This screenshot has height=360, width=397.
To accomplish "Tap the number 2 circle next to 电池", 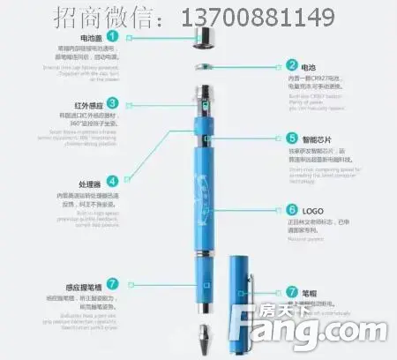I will (x=292, y=65).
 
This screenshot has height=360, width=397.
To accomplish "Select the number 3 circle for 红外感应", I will (x=113, y=103).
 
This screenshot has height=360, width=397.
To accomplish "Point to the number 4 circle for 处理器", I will (x=113, y=181).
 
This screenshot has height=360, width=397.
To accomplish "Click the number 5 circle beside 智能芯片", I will (x=292, y=139).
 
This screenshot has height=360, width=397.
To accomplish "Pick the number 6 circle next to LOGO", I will (x=292, y=210).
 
